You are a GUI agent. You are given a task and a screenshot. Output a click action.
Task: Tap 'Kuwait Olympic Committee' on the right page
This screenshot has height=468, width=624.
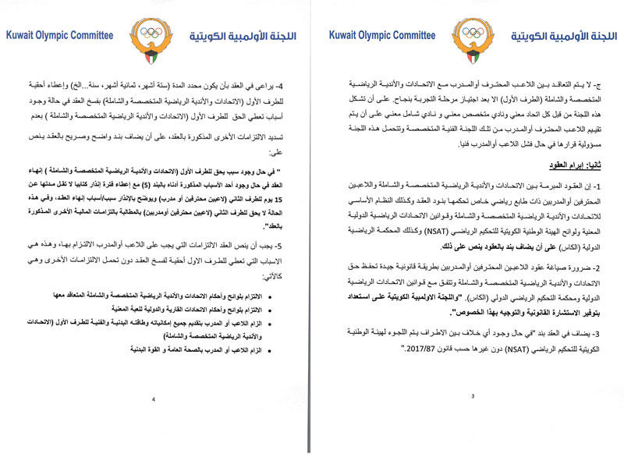(x=381, y=36)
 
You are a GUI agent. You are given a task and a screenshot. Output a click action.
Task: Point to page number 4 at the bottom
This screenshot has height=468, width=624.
(x=154, y=399)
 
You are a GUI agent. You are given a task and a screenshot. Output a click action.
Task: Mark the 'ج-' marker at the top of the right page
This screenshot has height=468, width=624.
(x=604, y=84)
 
